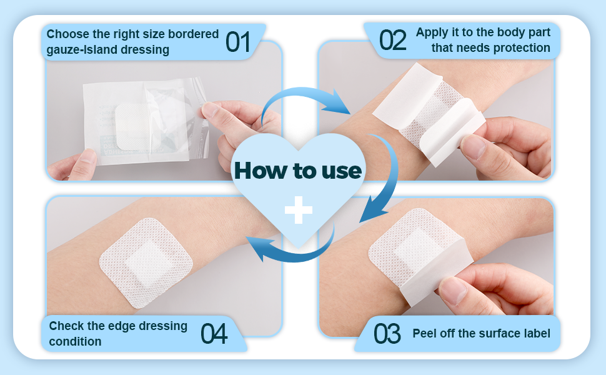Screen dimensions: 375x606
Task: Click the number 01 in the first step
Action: click(237, 42)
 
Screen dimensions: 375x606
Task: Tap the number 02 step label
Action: click(393, 39)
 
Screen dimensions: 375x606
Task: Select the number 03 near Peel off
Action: click(387, 334)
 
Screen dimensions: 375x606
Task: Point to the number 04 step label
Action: click(214, 334)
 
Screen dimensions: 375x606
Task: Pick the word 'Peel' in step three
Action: click(425, 333)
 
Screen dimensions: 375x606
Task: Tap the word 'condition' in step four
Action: click(75, 341)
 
